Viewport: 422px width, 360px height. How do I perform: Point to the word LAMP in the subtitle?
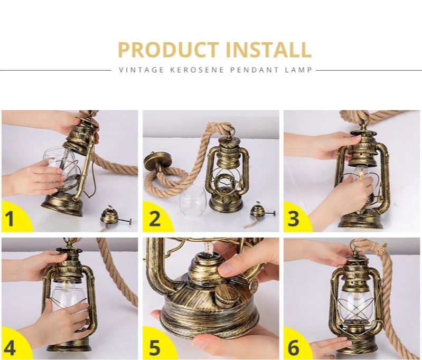(299, 70)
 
